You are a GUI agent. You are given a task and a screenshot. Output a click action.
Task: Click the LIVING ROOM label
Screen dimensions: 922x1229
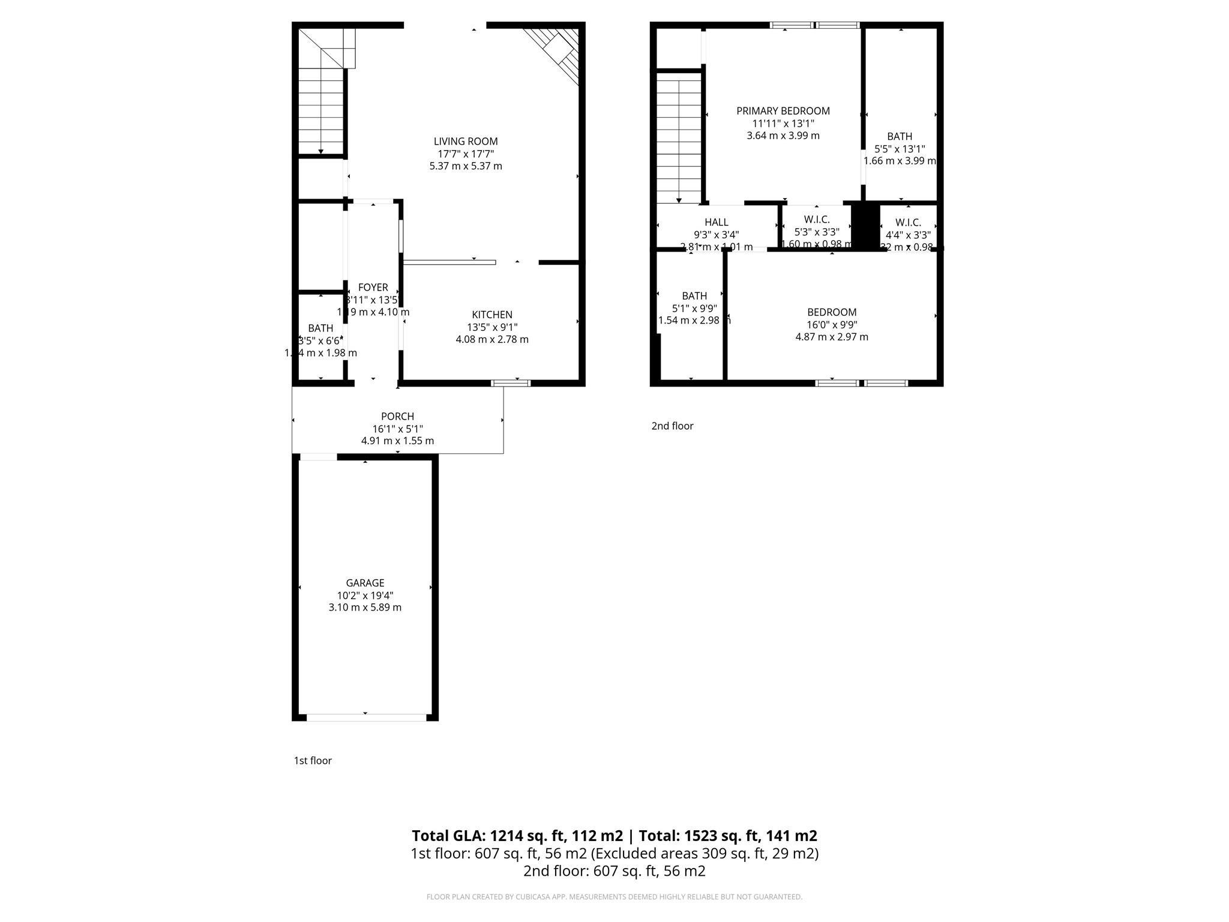(x=466, y=142)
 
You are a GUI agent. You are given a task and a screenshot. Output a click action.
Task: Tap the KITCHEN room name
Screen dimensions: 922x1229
(x=492, y=315)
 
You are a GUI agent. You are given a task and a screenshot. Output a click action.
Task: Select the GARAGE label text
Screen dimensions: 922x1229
(x=365, y=583)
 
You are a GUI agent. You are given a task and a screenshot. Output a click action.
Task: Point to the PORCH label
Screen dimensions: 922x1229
(x=397, y=417)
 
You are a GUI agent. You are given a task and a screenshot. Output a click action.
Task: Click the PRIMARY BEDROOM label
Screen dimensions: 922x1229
(x=783, y=111)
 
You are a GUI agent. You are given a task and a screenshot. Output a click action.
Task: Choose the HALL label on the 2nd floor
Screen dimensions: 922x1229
(x=717, y=223)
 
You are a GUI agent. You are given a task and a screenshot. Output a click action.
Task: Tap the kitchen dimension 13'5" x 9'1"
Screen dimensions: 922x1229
(x=492, y=327)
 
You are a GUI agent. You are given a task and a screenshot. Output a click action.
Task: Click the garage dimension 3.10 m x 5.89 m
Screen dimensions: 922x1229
(x=365, y=607)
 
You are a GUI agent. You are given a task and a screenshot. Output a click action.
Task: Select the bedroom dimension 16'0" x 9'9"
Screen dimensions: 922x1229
(x=832, y=325)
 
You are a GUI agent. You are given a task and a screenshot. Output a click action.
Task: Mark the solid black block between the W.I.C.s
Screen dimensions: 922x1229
(x=865, y=226)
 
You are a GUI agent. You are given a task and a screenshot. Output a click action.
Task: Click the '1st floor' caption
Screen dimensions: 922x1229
(x=313, y=761)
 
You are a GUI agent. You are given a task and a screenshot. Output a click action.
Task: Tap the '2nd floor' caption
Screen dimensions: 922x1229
(x=672, y=426)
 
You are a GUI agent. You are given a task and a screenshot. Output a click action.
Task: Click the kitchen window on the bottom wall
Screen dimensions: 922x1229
(x=511, y=383)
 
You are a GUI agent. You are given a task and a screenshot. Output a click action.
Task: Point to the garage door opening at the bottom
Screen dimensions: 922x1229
(x=366, y=717)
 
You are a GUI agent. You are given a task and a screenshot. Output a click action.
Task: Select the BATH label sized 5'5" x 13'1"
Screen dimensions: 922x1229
(x=900, y=137)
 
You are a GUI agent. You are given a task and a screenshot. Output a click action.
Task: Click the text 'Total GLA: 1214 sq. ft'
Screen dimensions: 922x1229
(x=517, y=836)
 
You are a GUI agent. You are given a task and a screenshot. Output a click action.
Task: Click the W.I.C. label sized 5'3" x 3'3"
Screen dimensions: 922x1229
(x=817, y=220)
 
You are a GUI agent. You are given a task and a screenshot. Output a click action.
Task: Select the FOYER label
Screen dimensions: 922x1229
(x=373, y=288)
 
